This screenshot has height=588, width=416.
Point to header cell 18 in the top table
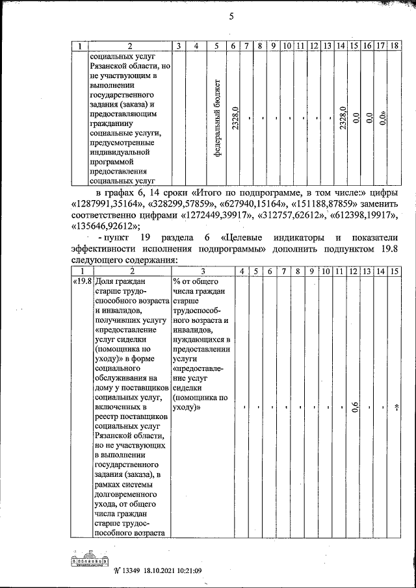pos(395,45)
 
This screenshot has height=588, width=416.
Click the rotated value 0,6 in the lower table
pos(355,407)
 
